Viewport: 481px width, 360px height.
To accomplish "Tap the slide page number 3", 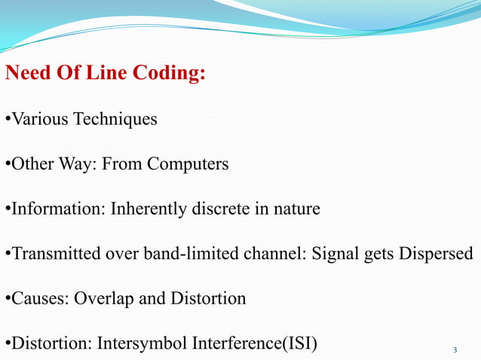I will coord(455,349).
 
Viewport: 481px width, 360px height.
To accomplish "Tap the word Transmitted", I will coord(48,254).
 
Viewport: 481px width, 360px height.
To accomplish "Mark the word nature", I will coord(297,209).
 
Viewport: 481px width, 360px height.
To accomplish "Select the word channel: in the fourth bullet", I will coord(267,254).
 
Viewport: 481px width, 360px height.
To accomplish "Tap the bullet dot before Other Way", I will coord(8,164).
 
